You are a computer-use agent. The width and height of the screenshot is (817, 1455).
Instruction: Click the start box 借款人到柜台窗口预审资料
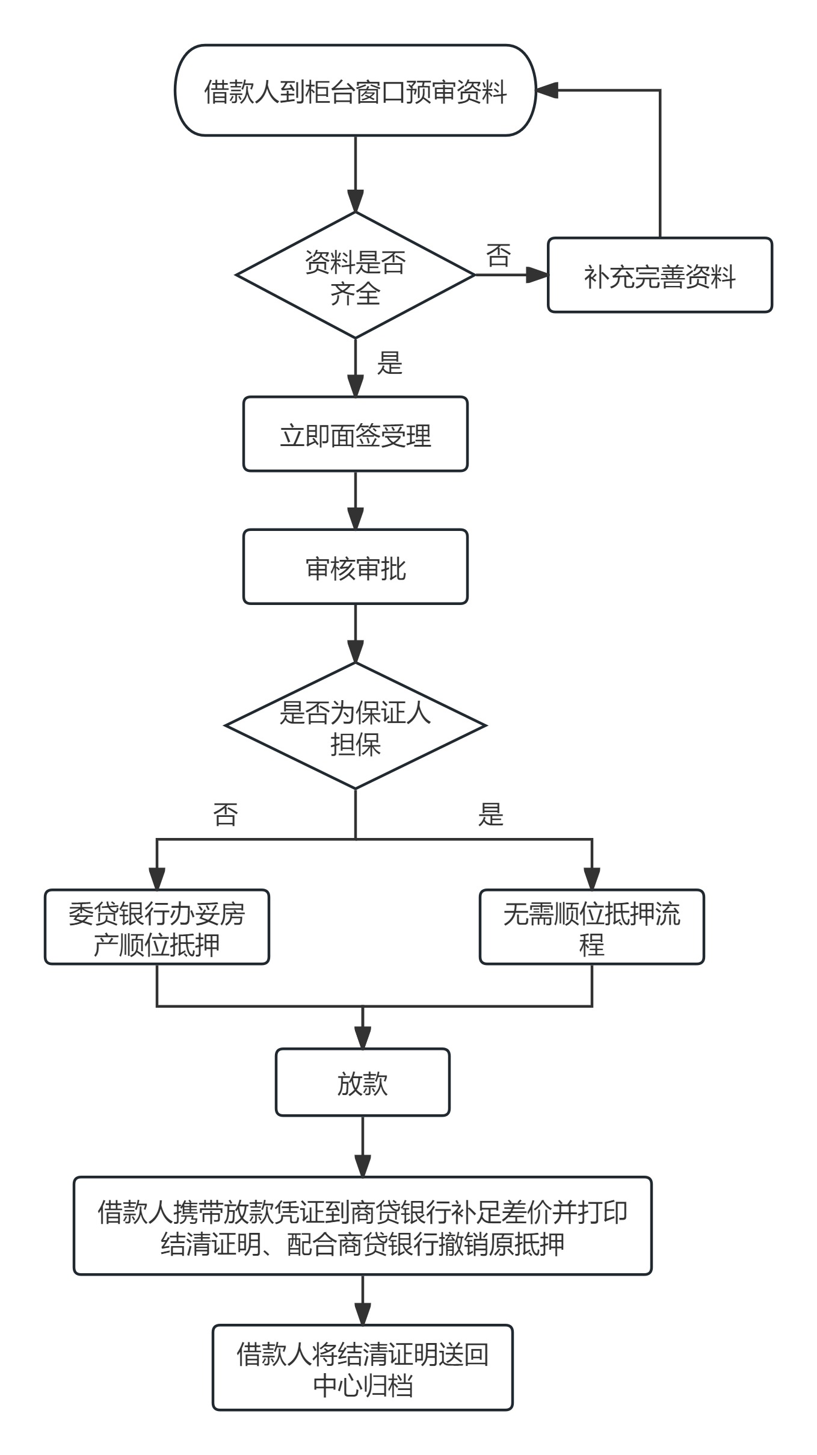(355, 91)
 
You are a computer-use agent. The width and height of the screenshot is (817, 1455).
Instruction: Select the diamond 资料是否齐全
(355, 275)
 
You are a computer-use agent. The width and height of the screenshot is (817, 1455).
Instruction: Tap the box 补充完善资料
(659, 276)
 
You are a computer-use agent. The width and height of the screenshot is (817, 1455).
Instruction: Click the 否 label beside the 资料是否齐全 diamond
(498, 255)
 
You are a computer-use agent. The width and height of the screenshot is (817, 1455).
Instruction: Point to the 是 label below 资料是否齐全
(389, 363)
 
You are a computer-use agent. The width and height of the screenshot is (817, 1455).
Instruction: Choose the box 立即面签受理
(355, 434)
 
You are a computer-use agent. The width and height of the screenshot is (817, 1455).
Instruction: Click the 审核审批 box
(355, 567)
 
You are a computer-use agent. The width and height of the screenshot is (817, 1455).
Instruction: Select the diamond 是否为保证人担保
(355, 726)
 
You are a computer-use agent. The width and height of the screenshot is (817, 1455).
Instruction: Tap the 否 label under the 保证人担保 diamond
(226, 814)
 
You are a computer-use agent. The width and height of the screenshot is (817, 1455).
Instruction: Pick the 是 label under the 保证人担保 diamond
(490, 814)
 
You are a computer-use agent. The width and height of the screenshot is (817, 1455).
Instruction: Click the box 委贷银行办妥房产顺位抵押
(156, 928)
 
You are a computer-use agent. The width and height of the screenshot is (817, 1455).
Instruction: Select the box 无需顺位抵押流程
(591, 928)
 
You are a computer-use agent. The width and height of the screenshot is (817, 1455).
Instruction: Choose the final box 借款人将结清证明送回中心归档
(362, 1368)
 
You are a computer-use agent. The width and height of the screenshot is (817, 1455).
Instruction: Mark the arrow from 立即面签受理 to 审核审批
(355, 501)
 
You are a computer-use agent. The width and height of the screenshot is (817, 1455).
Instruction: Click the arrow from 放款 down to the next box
(362, 1147)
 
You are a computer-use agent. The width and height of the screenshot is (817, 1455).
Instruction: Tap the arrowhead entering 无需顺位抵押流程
(592, 879)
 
